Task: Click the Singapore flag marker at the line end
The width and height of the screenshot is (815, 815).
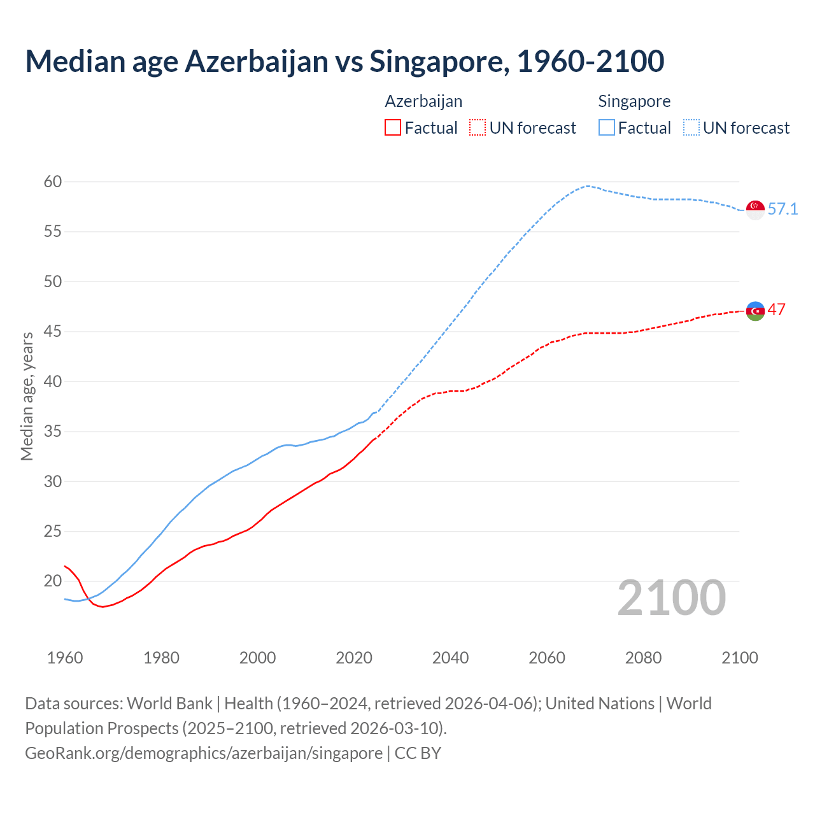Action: click(x=755, y=209)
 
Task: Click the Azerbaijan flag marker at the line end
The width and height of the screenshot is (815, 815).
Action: click(x=755, y=311)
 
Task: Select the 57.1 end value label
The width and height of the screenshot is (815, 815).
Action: click(x=783, y=209)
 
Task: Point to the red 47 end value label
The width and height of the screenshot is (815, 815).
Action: click(x=777, y=310)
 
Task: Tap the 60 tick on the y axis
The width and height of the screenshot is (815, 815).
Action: click(x=53, y=182)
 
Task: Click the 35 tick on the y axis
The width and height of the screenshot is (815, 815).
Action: click(x=53, y=432)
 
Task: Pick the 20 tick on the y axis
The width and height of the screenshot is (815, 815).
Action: click(x=53, y=581)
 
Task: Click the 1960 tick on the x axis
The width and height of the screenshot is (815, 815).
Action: click(x=65, y=658)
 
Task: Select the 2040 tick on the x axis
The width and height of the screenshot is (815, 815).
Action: click(x=451, y=658)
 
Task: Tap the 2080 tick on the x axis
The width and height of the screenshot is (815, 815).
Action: click(x=643, y=658)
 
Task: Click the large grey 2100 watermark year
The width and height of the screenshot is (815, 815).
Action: click(x=672, y=598)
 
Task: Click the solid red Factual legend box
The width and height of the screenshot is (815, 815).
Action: click(x=393, y=128)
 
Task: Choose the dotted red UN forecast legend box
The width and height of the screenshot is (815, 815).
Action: click(x=478, y=128)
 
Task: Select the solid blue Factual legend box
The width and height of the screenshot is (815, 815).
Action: click(x=607, y=128)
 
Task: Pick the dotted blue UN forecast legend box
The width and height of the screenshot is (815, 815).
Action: click(x=691, y=128)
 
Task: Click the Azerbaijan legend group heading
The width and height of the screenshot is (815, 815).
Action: click(x=423, y=102)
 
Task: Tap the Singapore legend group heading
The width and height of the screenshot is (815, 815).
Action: click(x=634, y=102)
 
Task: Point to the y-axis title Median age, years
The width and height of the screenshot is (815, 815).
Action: click(x=27, y=396)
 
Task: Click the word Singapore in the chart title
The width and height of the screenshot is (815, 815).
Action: click(x=439, y=62)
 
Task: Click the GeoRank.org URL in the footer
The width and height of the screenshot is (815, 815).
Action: click(x=204, y=753)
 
